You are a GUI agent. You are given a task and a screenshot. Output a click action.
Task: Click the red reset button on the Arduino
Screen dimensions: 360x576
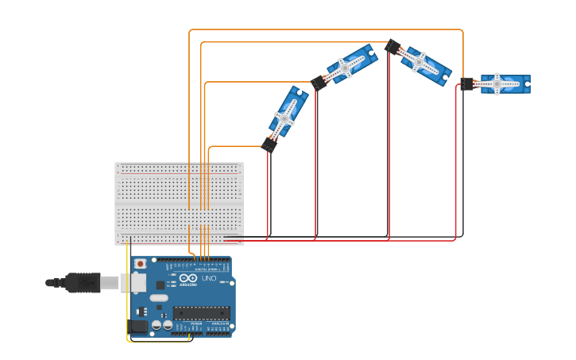[141, 263]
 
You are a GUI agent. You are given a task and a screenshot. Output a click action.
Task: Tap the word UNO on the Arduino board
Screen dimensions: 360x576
[209, 279]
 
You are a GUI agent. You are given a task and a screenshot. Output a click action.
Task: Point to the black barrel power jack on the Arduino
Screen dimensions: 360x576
[138, 325]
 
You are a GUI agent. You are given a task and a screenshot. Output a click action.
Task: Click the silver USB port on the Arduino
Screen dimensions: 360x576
[133, 282]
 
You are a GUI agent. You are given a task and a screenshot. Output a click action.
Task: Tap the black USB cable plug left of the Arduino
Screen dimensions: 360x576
[83, 282]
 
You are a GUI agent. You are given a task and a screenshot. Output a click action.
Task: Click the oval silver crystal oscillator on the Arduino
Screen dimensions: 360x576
[159, 298]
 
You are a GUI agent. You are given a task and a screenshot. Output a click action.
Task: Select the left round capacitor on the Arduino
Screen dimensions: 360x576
[157, 324]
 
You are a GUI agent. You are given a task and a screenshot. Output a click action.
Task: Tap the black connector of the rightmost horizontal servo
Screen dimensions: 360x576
[467, 83]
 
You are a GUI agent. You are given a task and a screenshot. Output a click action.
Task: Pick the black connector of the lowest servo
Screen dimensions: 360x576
[269, 144]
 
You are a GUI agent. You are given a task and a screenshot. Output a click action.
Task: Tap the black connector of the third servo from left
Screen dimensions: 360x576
[392, 47]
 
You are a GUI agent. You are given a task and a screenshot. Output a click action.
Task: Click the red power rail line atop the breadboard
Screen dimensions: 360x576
[179, 172]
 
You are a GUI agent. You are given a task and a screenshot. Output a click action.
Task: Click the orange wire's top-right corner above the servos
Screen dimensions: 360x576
[462, 31]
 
